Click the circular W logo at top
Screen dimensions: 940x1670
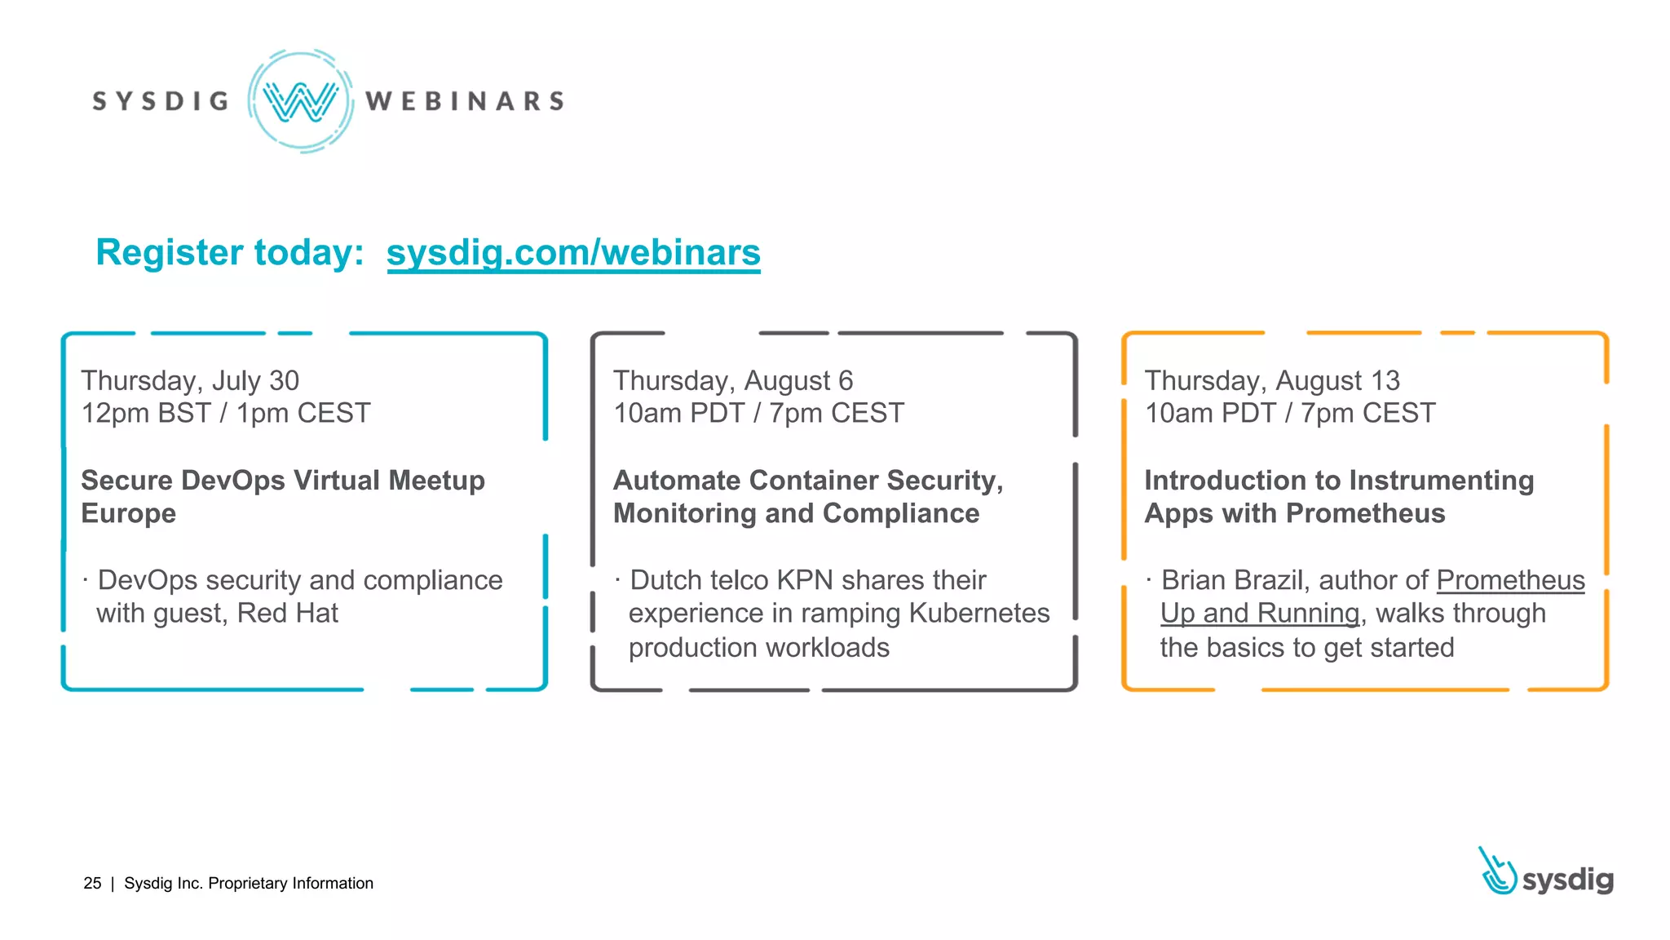[301, 101]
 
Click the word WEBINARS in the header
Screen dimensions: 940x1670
[465, 101]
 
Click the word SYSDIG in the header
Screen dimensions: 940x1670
[161, 101]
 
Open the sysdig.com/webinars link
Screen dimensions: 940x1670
[573, 252]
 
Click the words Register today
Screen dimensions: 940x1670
[229, 252]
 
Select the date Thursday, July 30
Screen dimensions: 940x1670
[190, 380]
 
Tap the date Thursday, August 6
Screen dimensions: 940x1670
[732, 380]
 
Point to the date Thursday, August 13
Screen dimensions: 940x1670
[1271, 380]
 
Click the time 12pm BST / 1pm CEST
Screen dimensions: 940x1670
[225, 413]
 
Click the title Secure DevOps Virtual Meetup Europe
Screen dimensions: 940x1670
[282, 496]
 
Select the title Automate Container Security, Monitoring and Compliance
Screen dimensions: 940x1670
[807, 496]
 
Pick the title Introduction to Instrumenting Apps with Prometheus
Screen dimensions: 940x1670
[1338, 496]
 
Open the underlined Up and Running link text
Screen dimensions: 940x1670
[1260, 613]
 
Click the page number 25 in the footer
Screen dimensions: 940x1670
[92, 883]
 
